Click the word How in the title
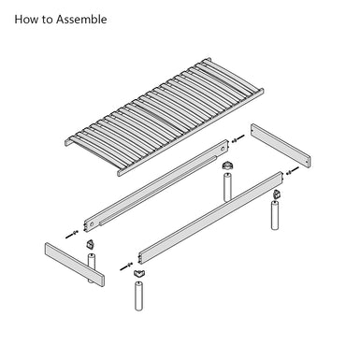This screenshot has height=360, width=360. [x=25, y=20]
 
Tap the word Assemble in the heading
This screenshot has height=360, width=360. [x=81, y=20]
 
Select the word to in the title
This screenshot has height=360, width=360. [x=47, y=20]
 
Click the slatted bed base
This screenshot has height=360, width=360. [x=165, y=117]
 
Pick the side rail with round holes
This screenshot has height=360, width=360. [x=156, y=186]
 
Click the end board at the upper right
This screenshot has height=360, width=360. [x=281, y=146]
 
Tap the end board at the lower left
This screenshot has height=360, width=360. [x=75, y=265]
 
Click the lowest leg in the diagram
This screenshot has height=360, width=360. [x=138, y=295]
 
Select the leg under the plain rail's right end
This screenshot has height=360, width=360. [x=275, y=215]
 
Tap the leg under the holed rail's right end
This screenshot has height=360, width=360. [x=228, y=187]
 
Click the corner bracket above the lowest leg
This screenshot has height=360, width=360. [x=138, y=273]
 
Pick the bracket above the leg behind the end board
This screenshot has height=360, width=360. [x=91, y=244]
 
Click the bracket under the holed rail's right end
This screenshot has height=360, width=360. [x=228, y=166]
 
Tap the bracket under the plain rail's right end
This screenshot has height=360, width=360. [x=277, y=194]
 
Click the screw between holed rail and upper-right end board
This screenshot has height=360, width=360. [x=238, y=138]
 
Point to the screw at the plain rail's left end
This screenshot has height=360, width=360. [x=127, y=266]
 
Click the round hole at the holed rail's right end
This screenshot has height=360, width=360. [x=222, y=149]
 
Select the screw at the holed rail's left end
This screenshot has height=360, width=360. [x=72, y=235]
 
